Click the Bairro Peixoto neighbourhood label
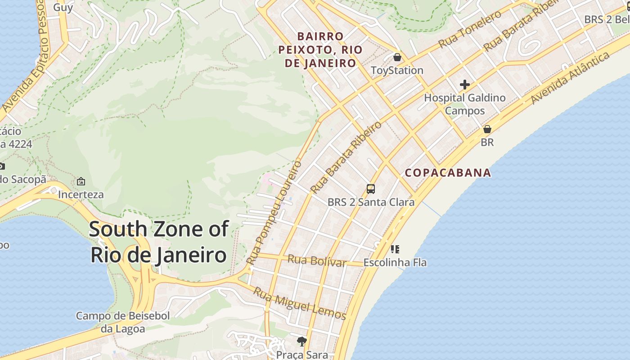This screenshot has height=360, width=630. coord(320,49)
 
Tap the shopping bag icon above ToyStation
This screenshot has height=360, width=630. coord(397,57)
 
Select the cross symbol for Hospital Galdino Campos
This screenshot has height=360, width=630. coord(464,85)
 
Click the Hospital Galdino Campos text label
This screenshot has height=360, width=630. coord(465,104)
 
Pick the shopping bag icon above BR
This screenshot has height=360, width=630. coord(487,129)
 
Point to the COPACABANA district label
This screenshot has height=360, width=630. coord(448,173)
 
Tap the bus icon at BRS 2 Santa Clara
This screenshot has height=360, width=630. coord(371,189)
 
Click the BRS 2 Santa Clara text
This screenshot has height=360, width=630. coord(371,202)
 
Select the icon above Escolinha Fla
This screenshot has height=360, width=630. coord(395,249)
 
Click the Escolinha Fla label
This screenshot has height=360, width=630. coord(395,262)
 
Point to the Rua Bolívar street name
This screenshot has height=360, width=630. coord(317,261)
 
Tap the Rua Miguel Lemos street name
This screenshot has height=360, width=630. coord(299,304)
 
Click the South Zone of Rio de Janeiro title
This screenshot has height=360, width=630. coord(158,242)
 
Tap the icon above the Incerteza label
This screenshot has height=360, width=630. coord(81,181)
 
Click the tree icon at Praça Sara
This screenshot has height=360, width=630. coord(301,342)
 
